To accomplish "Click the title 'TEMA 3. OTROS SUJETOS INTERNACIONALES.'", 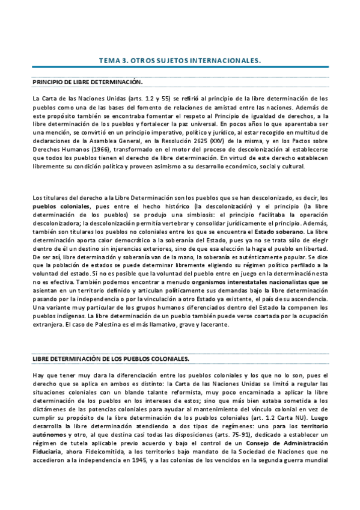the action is coord(180,61).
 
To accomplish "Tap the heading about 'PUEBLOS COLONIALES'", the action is coord(111,358).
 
